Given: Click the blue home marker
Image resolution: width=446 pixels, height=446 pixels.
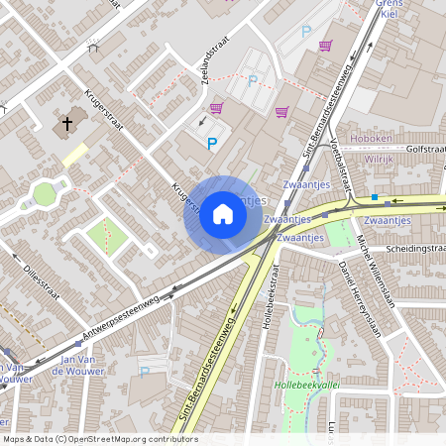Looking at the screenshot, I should [223, 214].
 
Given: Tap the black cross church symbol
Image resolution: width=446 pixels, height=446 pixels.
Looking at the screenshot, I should [67, 125].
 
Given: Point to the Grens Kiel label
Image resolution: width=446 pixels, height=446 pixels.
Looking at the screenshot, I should [389, 10].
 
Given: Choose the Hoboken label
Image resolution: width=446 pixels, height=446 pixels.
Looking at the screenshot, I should [380, 140].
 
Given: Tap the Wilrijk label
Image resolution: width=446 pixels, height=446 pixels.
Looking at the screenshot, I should [379, 158].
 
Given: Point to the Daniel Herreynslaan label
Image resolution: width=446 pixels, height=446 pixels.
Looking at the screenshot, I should [359, 298].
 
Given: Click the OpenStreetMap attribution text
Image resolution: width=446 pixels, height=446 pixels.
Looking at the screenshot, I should [99, 439].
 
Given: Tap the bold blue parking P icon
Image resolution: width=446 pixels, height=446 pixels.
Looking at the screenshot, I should [211, 145].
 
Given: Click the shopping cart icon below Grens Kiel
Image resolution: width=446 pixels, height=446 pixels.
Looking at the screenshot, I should [325, 46].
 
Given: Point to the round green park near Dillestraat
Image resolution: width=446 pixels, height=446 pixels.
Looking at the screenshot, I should [44, 192].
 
